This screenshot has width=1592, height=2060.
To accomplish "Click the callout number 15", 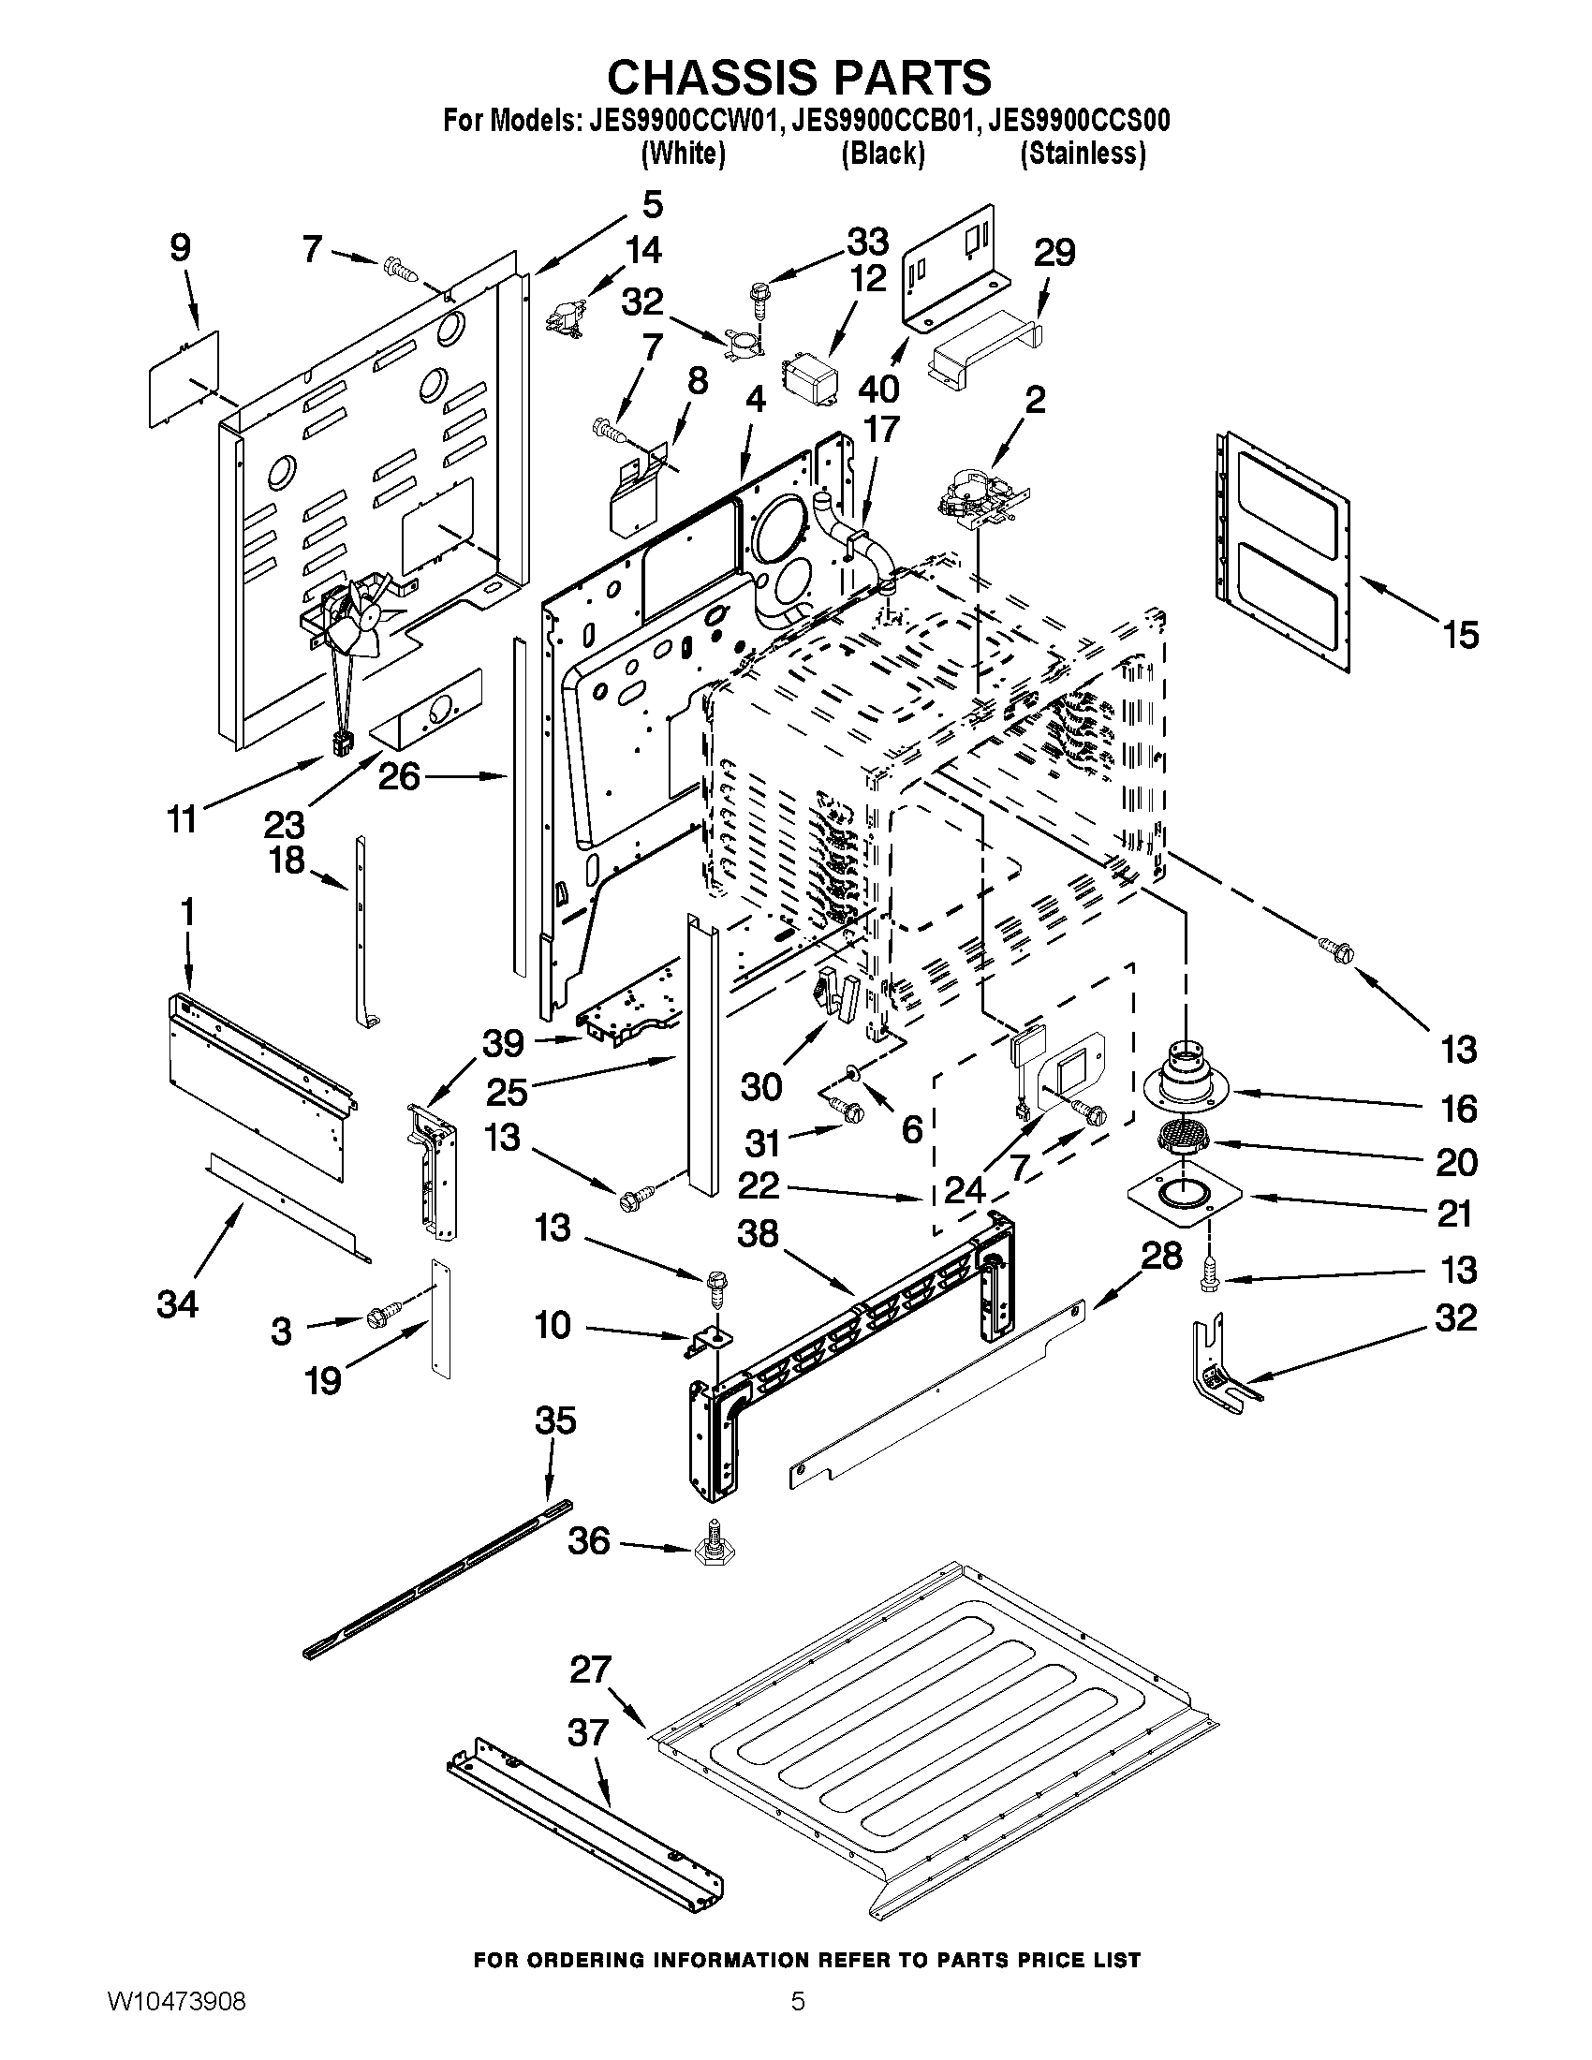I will coord(1460,635).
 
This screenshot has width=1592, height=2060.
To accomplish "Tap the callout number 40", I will coord(879,389).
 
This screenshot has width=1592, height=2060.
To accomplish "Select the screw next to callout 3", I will coord(382,1313).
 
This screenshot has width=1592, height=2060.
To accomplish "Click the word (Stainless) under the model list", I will coord(1083,154).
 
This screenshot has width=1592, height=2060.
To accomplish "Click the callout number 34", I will coord(177,1304).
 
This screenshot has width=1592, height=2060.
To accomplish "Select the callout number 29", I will coord(1054,253).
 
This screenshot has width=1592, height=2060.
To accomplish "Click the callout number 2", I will coord(1035,399).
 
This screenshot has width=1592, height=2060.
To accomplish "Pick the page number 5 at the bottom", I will coord(798,2023).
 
